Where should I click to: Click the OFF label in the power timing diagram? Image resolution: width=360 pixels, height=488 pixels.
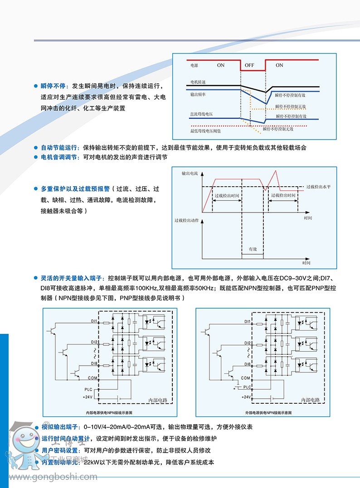(249, 65)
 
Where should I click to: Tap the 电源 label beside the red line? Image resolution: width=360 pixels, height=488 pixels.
(195, 65)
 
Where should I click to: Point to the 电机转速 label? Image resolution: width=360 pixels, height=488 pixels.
(198, 82)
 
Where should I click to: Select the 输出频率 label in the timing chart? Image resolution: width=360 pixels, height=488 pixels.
(198, 95)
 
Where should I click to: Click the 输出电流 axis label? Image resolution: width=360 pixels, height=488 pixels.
(190, 173)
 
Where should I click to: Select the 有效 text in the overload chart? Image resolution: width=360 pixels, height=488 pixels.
(253, 249)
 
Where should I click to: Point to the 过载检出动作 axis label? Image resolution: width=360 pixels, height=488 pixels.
(186, 221)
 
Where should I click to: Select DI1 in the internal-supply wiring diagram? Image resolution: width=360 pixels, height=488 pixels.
(94, 321)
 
